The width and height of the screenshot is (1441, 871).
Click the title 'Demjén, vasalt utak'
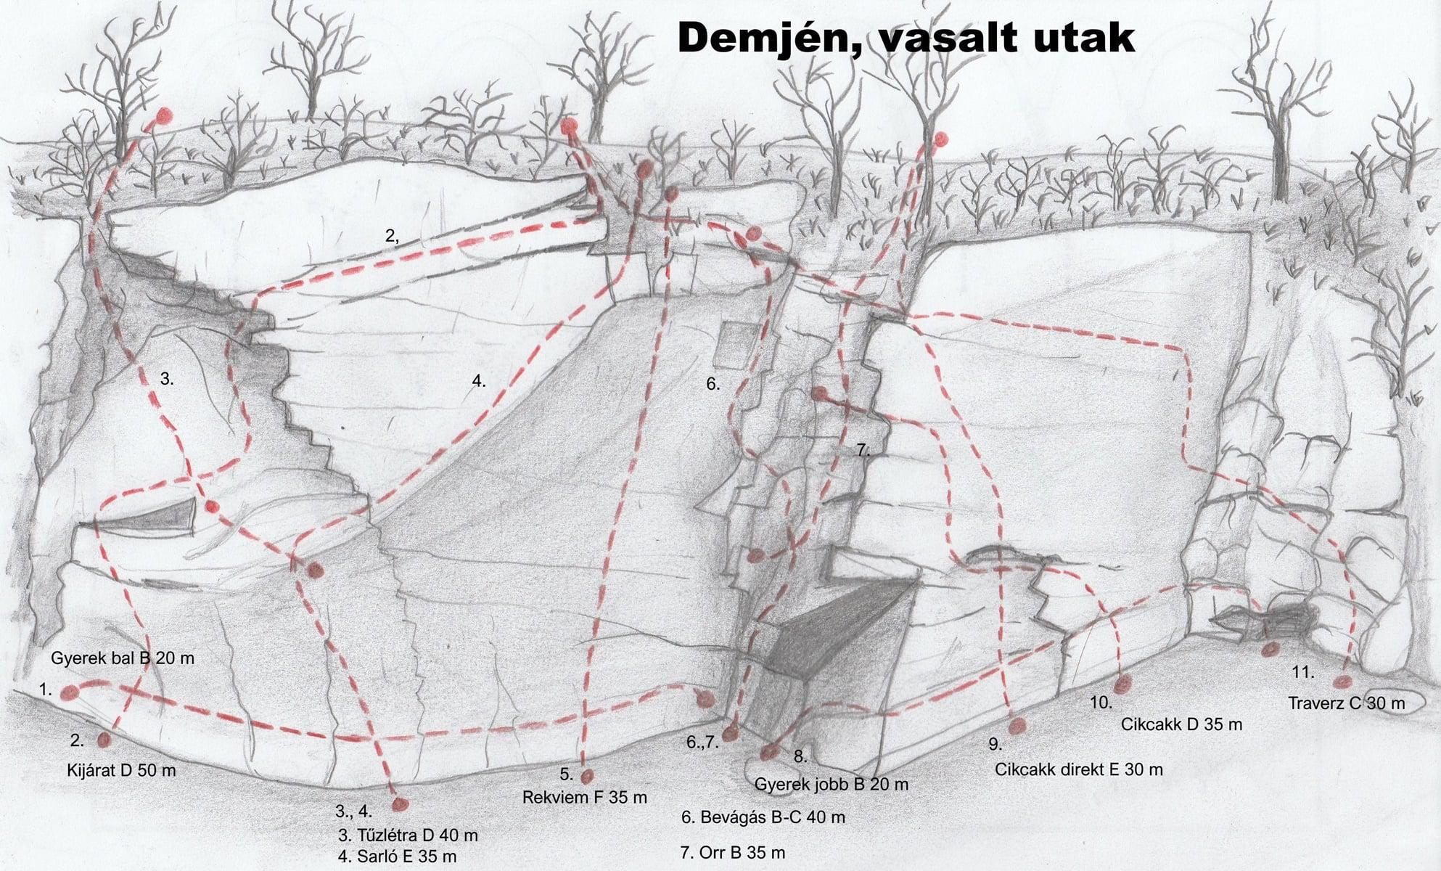tap(906, 38)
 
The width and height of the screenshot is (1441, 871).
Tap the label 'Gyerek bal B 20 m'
tap(123, 658)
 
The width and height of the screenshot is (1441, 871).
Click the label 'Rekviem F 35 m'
tap(585, 797)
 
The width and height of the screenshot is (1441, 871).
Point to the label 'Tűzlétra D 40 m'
tap(408, 835)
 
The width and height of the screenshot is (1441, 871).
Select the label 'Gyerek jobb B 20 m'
tap(832, 784)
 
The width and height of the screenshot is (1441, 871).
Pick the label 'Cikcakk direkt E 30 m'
tap(1079, 769)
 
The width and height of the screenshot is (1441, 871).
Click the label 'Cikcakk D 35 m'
tap(1181, 724)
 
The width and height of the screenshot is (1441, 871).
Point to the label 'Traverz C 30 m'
tap(1347, 703)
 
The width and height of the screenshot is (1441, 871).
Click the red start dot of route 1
tap(70, 693)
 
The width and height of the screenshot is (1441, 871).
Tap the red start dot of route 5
tap(587, 777)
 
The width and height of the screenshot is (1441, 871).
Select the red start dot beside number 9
tap(1018, 725)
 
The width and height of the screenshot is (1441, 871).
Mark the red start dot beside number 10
tap(1124, 683)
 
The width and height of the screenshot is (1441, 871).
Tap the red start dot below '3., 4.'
tap(400, 804)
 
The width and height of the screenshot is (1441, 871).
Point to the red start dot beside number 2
tap(104, 739)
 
